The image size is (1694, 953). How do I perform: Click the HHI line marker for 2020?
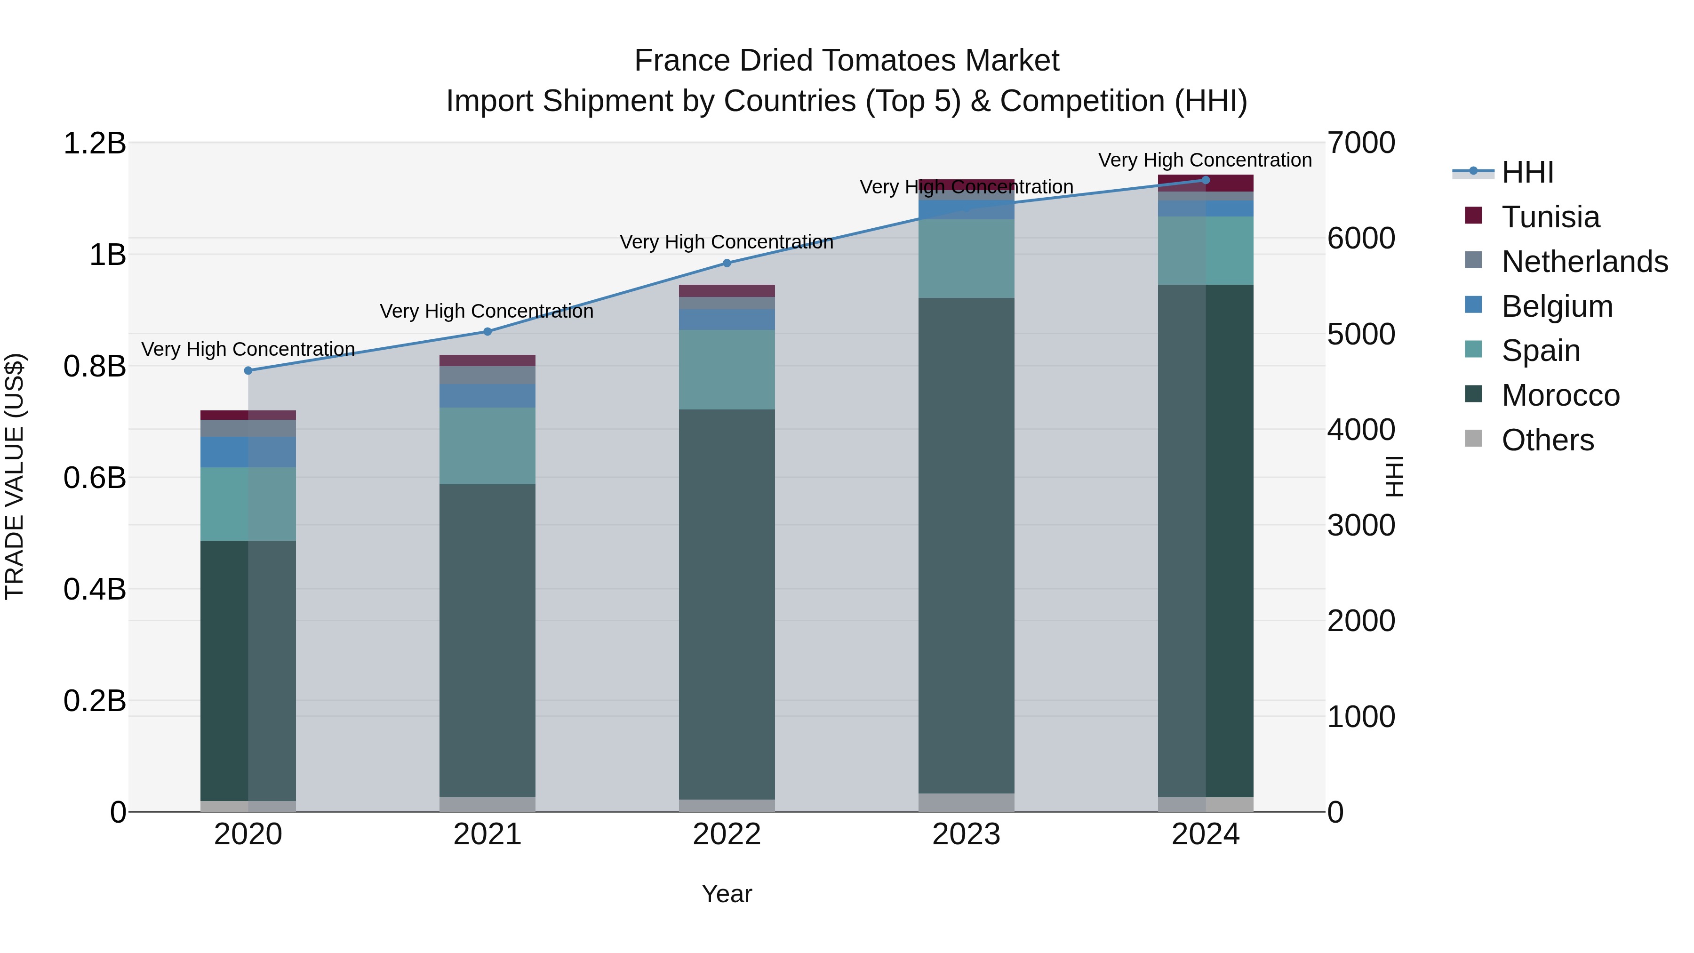click(x=248, y=371)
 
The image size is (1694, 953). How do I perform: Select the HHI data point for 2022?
click(x=727, y=263)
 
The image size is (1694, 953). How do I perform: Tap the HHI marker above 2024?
click(x=1206, y=180)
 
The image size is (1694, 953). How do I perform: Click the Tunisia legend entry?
click(x=1550, y=217)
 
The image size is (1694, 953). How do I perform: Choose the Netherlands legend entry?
click(x=1584, y=262)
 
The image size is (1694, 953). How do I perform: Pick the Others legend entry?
click(x=1547, y=440)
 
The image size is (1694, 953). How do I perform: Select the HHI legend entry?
click(x=1527, y=172)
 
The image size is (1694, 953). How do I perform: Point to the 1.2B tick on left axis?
click(x=94, y=144)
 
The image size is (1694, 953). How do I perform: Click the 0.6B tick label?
click(x=94, y=478)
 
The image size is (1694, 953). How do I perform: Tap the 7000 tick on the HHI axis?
click(x=1360, y=144)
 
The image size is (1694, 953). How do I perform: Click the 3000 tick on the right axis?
click(x=1360, y=526)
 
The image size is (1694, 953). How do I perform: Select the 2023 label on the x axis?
click(x=966, y=834)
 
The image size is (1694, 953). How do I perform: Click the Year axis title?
click(x=727, y=894)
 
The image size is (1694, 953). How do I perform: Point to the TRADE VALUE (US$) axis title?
click(x=15, y=477)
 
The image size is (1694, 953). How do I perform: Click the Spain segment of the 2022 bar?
click(x=727, y=369)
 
